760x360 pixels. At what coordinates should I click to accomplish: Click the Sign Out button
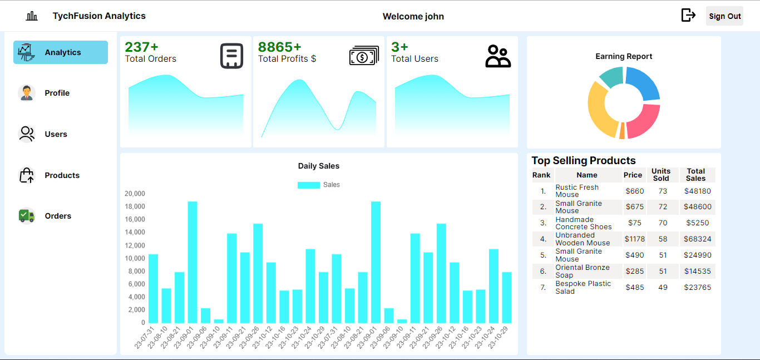click(x=724, y=16)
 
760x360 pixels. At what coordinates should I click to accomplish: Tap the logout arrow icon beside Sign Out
click(x=688, y=16)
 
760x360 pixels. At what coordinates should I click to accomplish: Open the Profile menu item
click(x=57, y=93)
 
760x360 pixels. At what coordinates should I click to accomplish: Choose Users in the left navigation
click(x=56, y=134)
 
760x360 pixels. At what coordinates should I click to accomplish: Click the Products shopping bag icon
click(x=27, y=175)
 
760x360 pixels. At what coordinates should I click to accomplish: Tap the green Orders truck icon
click(x=27, y=216)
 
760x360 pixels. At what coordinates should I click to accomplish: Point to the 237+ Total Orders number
click(x=141, y=47)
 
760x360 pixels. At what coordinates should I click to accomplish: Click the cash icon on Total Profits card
click(x=364, y=56)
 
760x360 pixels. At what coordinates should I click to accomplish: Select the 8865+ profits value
click(x=279, y=47)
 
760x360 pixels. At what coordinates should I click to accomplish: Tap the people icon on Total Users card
click(x=498, y=56)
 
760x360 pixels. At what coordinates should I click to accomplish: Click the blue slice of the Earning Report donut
click(x=644, y=83)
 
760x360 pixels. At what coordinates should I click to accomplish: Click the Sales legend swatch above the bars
click(x=308, y=185)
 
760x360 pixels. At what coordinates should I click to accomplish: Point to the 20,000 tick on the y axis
click(x=135, y=194)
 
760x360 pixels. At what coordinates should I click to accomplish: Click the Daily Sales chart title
click(x=318, y=166)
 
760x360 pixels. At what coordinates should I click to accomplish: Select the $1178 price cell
click(x=634, y=239)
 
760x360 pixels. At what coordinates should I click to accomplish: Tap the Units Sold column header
click(x=661, y=175)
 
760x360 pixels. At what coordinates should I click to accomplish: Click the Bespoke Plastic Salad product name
click(x=583, y=287)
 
